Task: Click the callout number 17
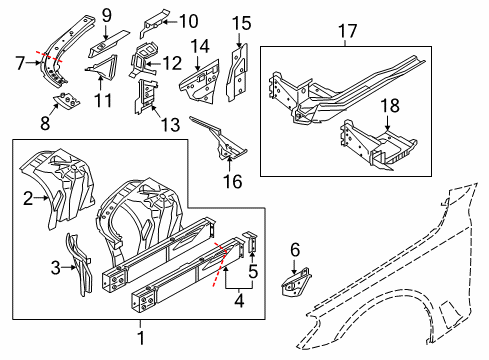347,31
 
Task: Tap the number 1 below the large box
141,338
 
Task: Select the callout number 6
295,250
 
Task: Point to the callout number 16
233,182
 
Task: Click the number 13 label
171,125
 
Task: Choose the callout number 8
45,123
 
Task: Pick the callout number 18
390,105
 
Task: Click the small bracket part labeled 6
296,282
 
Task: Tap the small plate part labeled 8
67,101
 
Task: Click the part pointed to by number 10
154,21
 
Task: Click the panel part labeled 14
200,82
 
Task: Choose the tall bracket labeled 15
237,72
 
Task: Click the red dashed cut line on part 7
49,57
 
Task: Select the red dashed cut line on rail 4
220,265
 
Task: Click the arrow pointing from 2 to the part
42,198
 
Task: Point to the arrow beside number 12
152,63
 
